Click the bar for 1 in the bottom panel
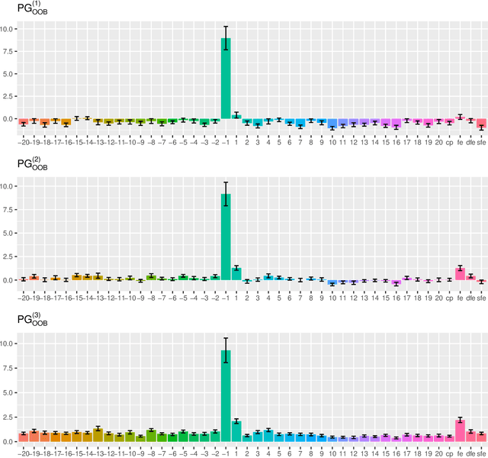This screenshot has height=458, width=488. coord(236,431)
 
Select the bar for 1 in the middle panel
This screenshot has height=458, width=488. coord(236,274)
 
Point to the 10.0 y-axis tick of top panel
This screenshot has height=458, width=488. coord(8,29)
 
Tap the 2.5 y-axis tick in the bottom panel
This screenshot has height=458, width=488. coord(10,417)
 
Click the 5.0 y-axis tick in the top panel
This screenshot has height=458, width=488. coord(10,74)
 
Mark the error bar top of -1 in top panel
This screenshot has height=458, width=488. coord(226,27)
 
